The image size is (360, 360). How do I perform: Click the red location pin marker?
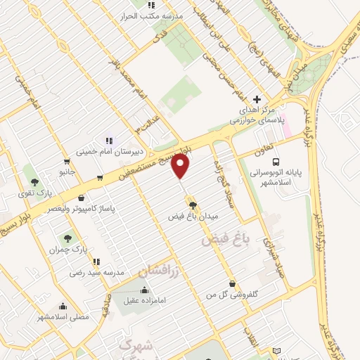pyautogui.click(x=181, y=167)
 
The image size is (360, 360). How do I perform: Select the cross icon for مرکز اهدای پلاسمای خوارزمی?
pyautogui.click(x=257, y=100)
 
